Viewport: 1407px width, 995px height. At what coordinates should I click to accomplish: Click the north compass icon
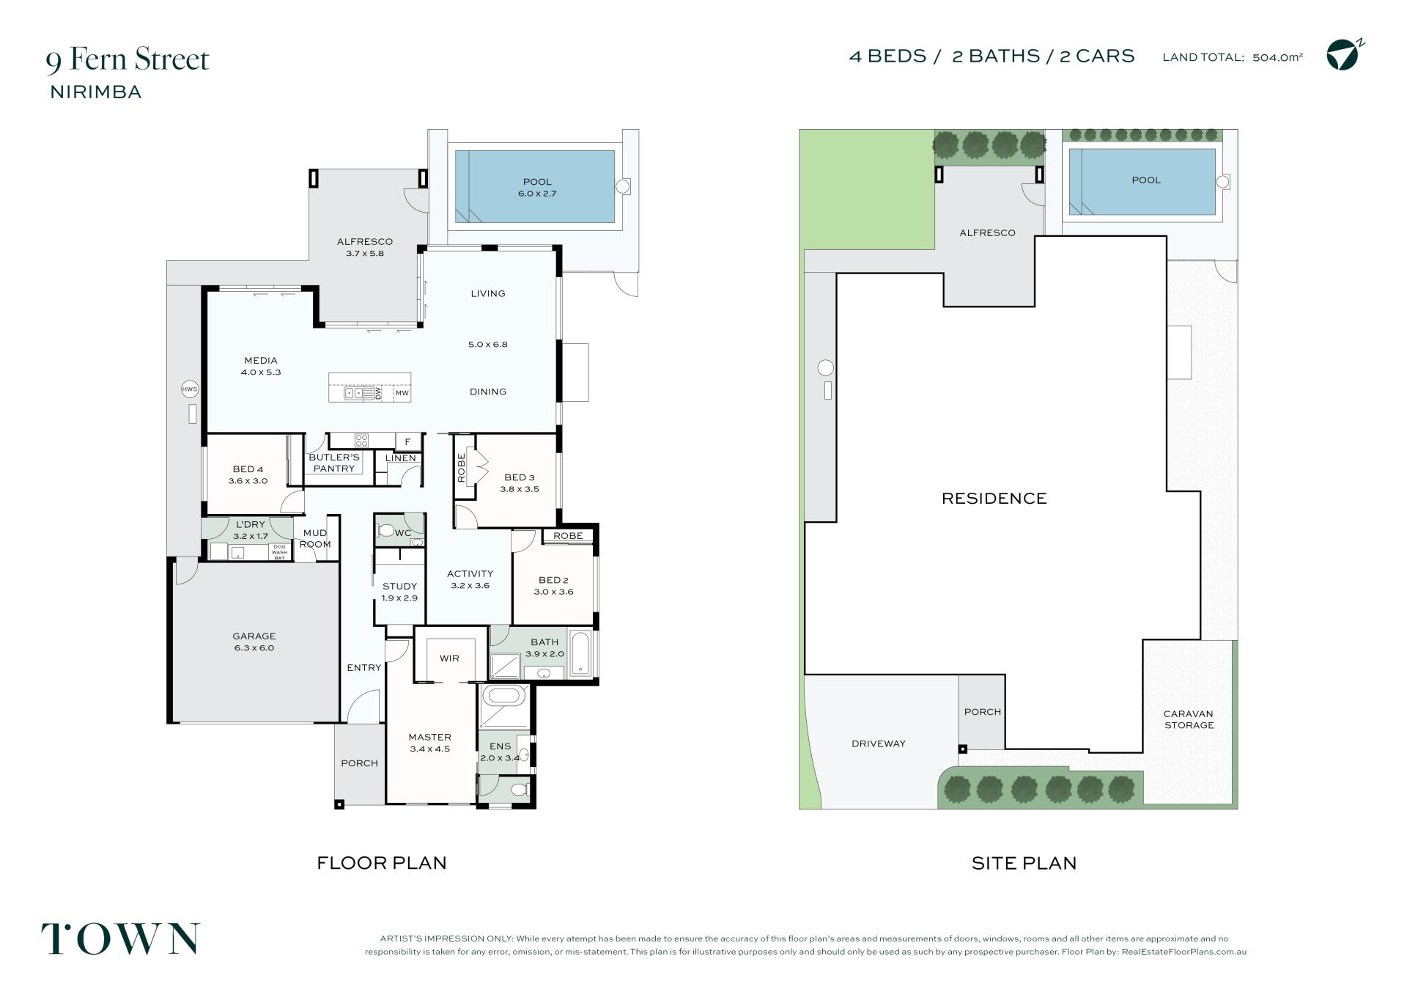tap(1345, 54)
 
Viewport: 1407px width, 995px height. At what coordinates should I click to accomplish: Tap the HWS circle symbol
tap(190, 389)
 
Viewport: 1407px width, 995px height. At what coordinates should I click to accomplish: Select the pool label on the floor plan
tap(537, 188)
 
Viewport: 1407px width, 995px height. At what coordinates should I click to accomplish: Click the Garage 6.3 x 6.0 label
tap(254, 642)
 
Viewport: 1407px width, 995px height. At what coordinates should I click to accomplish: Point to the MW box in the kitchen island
tap(402, 393)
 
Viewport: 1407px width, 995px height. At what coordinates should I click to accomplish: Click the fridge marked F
tap(408, 441)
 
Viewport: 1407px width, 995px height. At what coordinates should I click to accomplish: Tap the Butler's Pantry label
tap(334, 463)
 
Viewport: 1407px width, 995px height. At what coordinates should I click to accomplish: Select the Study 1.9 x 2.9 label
tap(399, 592)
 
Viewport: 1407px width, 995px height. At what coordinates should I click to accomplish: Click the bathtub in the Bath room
tap(580, 651)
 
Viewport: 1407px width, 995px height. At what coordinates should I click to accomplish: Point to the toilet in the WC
tap(386, 530)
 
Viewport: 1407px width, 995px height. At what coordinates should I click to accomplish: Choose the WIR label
tap(449, 658)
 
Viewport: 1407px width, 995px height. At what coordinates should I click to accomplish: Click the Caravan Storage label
tap(1189, 719)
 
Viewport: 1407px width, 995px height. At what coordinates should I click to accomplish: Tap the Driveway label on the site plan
tap(879, 744)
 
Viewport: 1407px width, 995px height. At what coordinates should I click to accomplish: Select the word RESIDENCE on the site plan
tap(994, 499)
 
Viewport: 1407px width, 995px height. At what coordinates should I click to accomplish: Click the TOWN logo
tap(120, 939)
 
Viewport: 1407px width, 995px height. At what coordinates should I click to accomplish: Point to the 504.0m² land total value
tap(1277, 57)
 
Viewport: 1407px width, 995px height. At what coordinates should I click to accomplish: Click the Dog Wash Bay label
tap(279, 552)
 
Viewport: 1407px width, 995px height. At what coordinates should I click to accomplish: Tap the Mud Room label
tap(315, 538)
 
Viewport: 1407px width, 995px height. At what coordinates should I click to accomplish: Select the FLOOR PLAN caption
tap(381, 863)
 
